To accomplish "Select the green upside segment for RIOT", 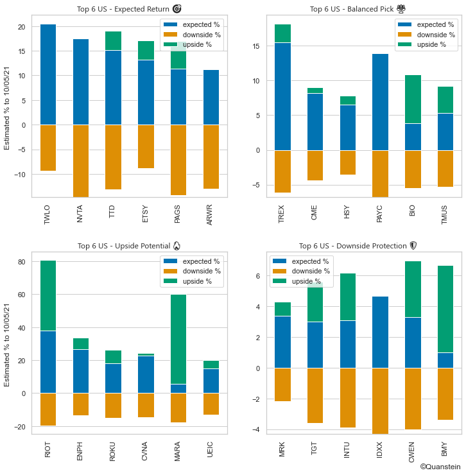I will [x=48, y=295].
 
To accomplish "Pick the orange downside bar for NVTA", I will [x=81, y=160].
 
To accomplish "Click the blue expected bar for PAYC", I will [x=380, y=102].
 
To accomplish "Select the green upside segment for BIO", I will [x=413, y=99].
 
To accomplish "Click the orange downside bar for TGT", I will [x=315, y=395].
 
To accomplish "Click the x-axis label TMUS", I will [x=445, y=214].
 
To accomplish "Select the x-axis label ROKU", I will [x=114, y=452].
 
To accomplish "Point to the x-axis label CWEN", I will [x=413, y=453].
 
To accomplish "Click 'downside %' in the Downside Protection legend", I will [x=310, y=272].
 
